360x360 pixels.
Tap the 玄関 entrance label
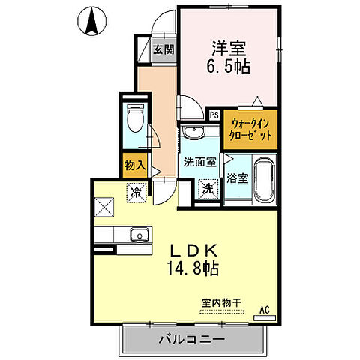coord(163,50)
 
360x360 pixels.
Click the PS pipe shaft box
coord(214,115)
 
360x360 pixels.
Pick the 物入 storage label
coord(134,163)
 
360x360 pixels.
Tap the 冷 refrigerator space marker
coord(136,191)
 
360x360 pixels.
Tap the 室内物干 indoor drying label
coord(220,303)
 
